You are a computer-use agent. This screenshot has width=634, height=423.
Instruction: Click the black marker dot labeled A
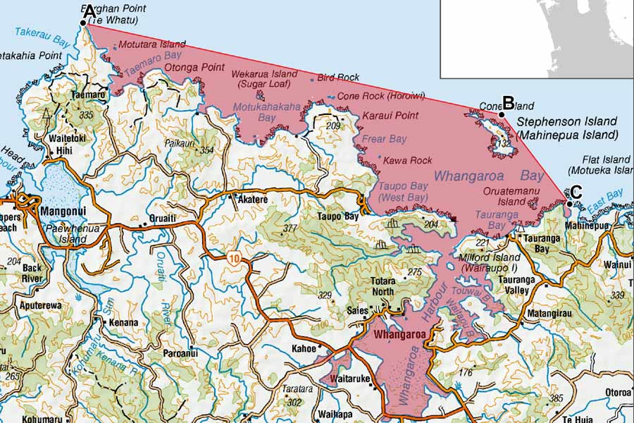[83, 23]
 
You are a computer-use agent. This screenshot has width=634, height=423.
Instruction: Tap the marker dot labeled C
[568, 203]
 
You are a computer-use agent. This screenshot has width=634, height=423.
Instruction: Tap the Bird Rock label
[338, 78]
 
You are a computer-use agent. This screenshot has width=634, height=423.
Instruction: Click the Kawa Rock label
[407, 161]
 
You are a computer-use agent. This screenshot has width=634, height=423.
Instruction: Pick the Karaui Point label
[390, 115]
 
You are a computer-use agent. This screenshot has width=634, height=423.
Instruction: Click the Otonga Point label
[194, 68]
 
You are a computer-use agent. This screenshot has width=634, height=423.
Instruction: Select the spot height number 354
[206, 150]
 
